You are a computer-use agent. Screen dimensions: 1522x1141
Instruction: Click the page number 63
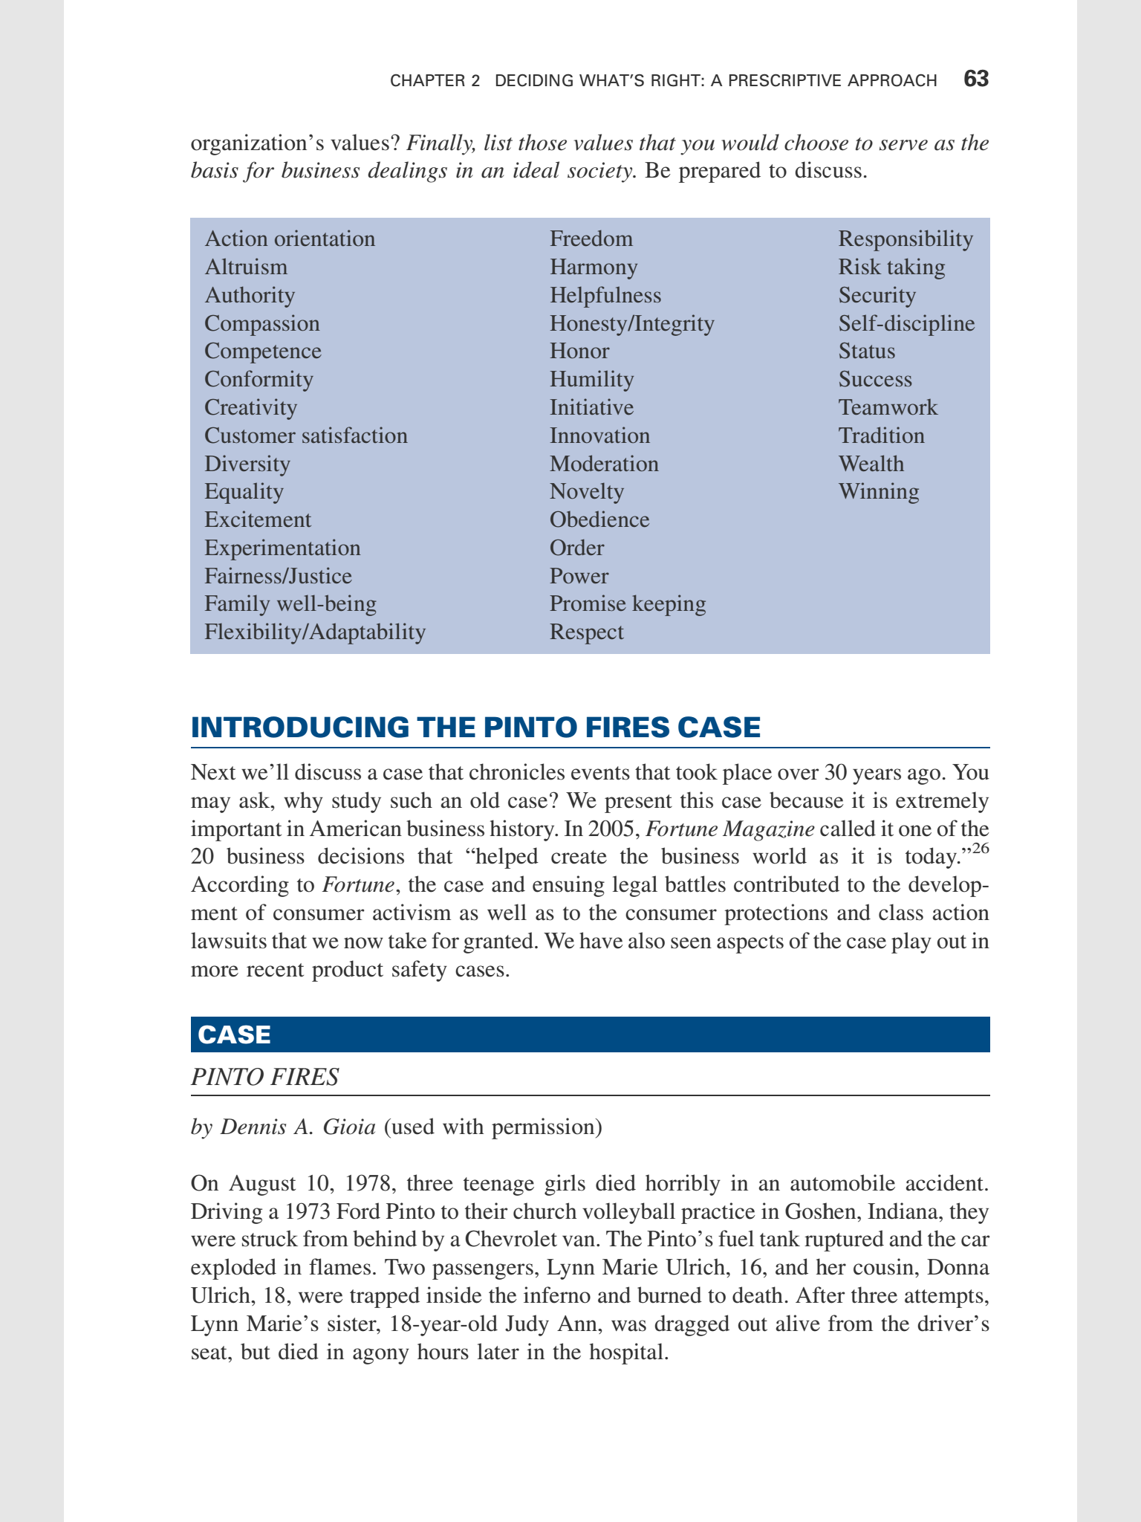(x=975, y=80)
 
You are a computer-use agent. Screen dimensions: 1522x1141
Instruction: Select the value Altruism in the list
(x=246, y=267)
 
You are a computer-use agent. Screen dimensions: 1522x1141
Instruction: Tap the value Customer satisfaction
(x=306, y=435)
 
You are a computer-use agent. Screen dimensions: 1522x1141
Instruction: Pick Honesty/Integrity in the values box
(x=631, y=323)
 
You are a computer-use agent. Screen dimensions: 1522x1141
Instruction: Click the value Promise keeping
(x=628, y=603)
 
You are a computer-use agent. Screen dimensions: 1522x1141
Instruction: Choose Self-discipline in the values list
(x=906, y=323)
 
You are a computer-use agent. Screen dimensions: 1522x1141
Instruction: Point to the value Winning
(x=879, y=491)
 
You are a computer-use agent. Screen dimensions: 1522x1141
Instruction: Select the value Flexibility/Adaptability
(x=315, y=632)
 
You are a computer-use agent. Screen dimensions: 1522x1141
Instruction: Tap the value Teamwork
(x=888, y=407)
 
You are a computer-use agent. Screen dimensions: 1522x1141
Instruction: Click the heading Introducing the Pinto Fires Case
(x=475, y=727)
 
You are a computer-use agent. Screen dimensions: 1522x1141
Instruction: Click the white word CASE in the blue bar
(x=235, y=1034)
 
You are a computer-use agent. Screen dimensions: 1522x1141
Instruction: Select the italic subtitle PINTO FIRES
(x=264, y=1077)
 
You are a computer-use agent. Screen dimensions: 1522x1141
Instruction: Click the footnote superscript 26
(x=981, y=849)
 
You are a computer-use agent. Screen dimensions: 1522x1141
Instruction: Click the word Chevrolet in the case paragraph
(x=513, y=1240)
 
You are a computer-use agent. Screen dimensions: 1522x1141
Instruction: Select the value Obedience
(x=599, y=519)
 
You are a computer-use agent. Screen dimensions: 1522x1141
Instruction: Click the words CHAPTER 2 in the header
(x=435, y=80)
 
